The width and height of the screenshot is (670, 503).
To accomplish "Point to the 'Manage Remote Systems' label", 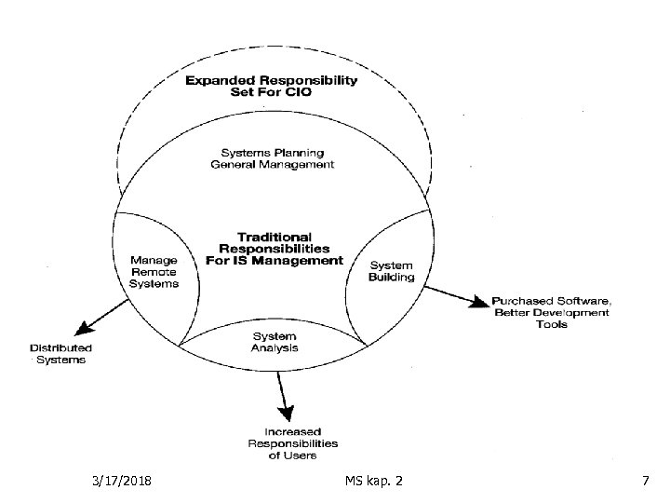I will pos(154,272).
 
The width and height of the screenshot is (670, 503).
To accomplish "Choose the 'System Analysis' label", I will pos(275,342).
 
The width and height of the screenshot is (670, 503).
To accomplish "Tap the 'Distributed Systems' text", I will pos(60,353).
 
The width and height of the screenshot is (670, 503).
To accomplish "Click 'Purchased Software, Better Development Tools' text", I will pos(551,313).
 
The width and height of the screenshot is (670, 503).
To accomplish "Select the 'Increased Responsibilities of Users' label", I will pos(294,443).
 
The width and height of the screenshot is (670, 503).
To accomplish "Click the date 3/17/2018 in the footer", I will pos(124,480).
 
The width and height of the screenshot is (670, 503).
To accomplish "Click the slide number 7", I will pos(645,480).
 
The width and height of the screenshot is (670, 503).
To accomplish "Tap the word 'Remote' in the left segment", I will pos(154,272).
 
